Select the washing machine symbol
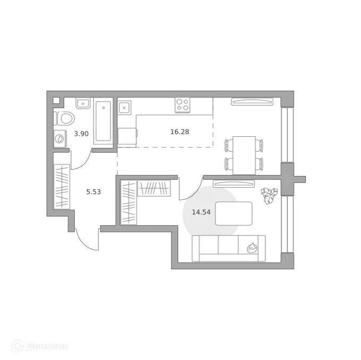[60, 139]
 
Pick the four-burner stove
[183, 105]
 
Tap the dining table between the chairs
[244, 154]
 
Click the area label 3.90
[81, 134]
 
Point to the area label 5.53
[93, 191]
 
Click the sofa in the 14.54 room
[228, 249]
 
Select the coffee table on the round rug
[234, 213]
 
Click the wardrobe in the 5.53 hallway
[62, 187]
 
